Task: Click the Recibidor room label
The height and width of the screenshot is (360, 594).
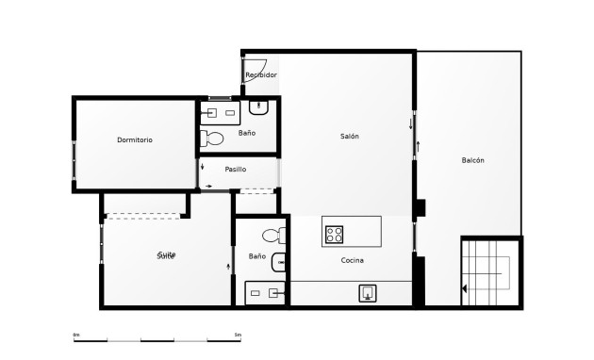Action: tap(261, 74)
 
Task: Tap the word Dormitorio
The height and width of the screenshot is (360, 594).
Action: tap(135, 139)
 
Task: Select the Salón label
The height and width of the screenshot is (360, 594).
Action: tap(350, 137)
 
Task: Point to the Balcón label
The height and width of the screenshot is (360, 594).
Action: tap(472, 160)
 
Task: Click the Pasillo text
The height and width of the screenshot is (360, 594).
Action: tap(236, 170)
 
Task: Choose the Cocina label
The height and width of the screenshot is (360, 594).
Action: tap(353, 260)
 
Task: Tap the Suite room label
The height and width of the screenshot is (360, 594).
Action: tap(167, 254)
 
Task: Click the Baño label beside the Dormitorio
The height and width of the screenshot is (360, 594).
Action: tap(247, 133)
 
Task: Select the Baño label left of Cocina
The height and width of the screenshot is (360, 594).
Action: tap(256, 256)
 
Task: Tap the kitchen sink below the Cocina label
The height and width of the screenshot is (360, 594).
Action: tap(368, 293)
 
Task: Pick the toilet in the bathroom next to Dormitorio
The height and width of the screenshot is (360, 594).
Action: tap(214, 139)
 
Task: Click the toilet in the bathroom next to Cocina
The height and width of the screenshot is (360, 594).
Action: tap(273, 236)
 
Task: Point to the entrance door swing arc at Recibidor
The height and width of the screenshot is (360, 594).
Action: tap(254, 71)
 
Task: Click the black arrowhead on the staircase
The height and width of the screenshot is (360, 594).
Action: tap(464, 288)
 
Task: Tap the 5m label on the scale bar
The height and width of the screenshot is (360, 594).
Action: tap(238, 334)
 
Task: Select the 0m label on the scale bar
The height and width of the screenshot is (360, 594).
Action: tap(76, 334)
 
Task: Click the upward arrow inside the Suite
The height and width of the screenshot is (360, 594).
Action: tap(229, 267)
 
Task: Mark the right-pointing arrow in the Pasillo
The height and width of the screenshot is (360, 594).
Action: tap(208, 187)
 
